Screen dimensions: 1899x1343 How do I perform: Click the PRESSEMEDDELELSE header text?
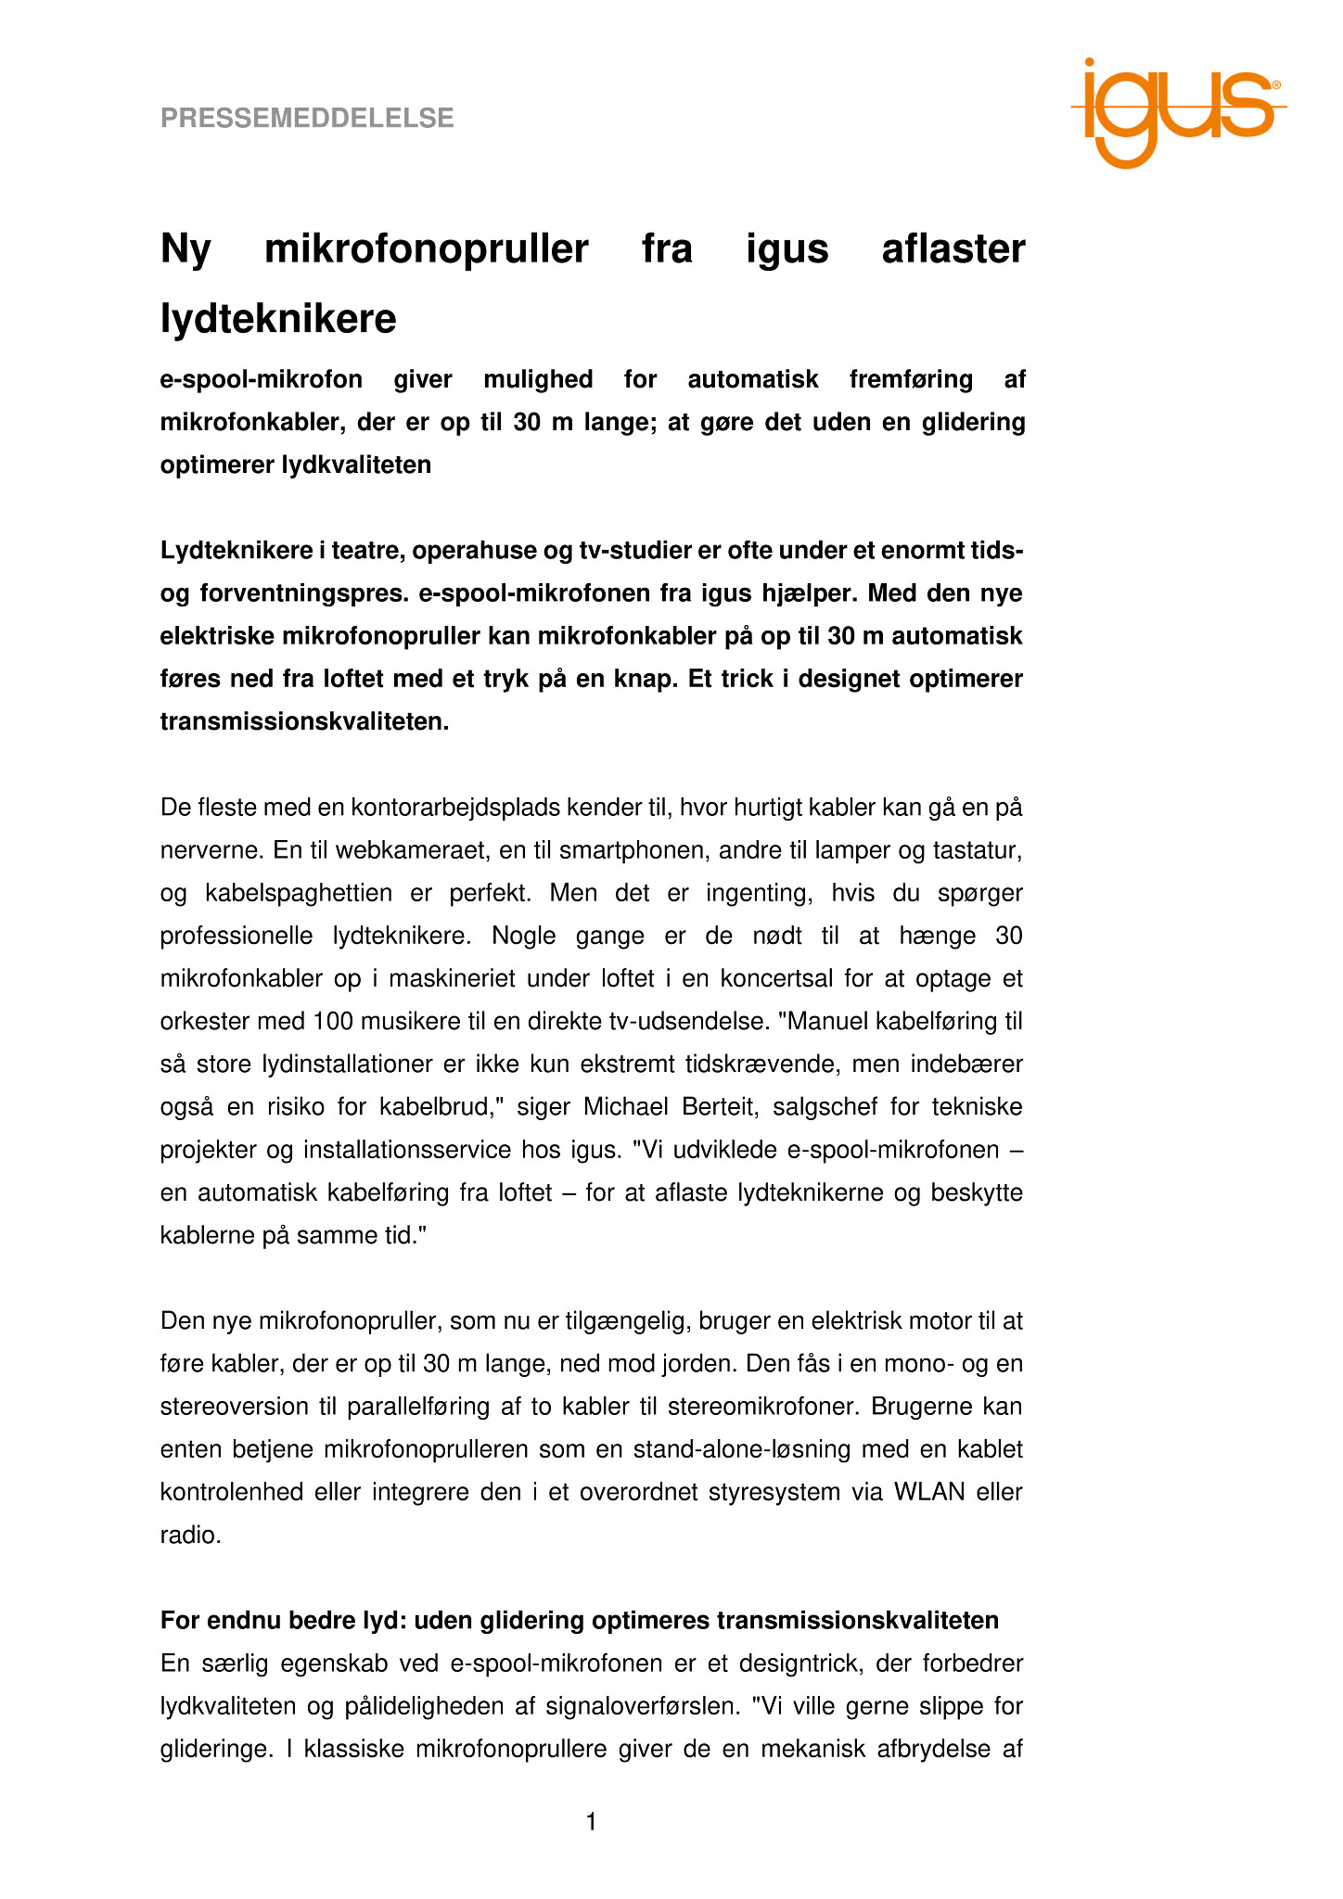click(x=307, y=118)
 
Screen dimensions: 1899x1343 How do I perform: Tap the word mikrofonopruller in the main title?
click(x=427, y=249)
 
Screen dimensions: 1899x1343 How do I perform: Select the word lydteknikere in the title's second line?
click(x=278, y=319)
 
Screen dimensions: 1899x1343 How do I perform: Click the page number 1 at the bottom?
click(x=591, y=1822)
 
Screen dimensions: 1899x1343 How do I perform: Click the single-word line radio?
click(x=190, y=1535)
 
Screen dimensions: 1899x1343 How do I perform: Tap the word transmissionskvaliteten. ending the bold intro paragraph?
click(x=304, y=721)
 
